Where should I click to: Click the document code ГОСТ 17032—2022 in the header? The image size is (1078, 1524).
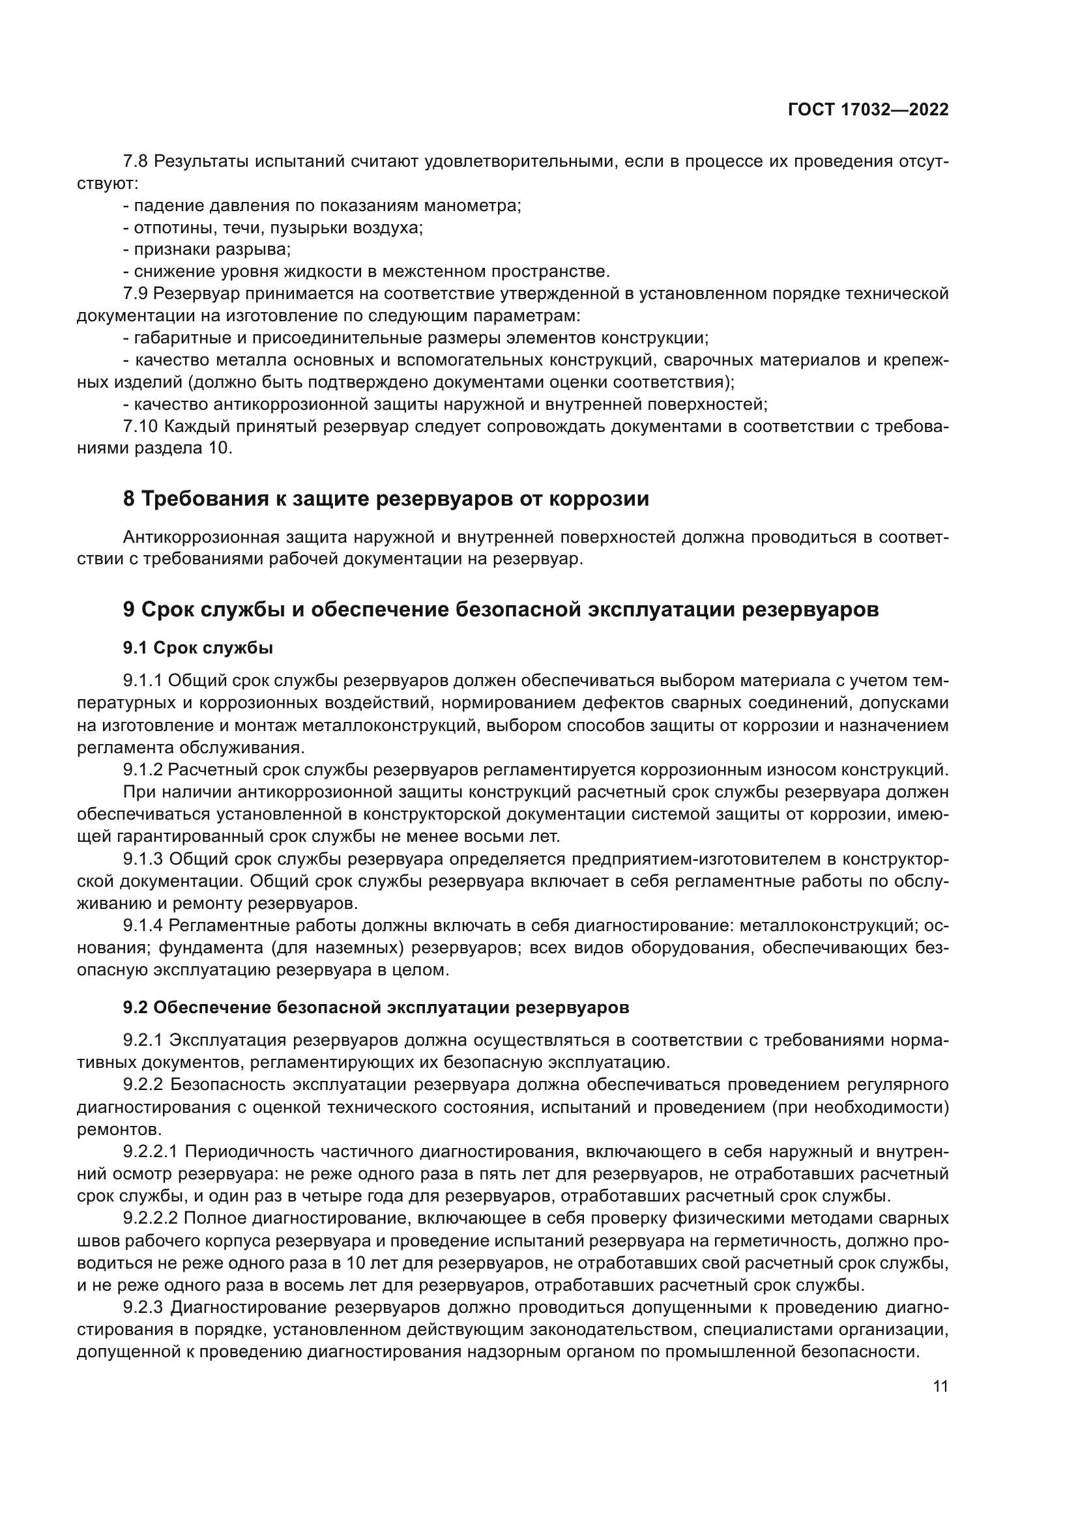pos(868,110)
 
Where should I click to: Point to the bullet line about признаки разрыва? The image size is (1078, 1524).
pos(207,250)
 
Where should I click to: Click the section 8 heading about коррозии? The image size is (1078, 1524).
pos(386,498)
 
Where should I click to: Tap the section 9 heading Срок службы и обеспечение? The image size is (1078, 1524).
pos(501,609)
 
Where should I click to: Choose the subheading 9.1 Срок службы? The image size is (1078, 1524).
pos(198,648)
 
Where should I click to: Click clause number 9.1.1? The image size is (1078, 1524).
pos(143,681)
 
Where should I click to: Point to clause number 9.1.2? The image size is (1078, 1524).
pos(143,770)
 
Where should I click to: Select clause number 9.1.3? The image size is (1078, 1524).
pos(143,859)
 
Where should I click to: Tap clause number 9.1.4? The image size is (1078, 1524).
pos(143,925)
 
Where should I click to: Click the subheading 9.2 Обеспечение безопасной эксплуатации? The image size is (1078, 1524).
pos(375,1007)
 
